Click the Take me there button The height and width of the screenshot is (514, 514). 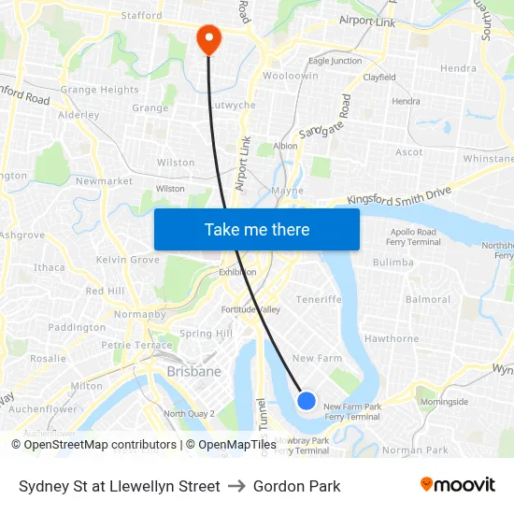tap(257, 229)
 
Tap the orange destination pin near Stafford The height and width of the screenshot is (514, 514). tap(207, 38)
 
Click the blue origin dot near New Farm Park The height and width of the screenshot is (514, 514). tap(306, 400)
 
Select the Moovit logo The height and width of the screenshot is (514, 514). tap(457, 485)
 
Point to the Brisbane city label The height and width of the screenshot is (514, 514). tap(193, 371)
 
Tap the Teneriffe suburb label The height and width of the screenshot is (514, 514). tap(319, 299)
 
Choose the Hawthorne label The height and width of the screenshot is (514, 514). tap(392, 338)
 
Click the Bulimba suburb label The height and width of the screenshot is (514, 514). tap(393, 263)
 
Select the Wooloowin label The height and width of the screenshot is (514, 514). tap(291, 76)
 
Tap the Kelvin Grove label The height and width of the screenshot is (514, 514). tap(127, 259)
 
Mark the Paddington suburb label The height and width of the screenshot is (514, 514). tap(77, 327)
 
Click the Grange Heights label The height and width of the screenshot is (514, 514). tap(99, 90)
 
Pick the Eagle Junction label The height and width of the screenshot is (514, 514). tap(335, 61)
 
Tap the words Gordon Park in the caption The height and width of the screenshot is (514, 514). tap(296, 486)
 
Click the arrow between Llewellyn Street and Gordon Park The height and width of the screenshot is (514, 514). tap(236, 486)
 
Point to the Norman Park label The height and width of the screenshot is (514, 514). tap(415, 450)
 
